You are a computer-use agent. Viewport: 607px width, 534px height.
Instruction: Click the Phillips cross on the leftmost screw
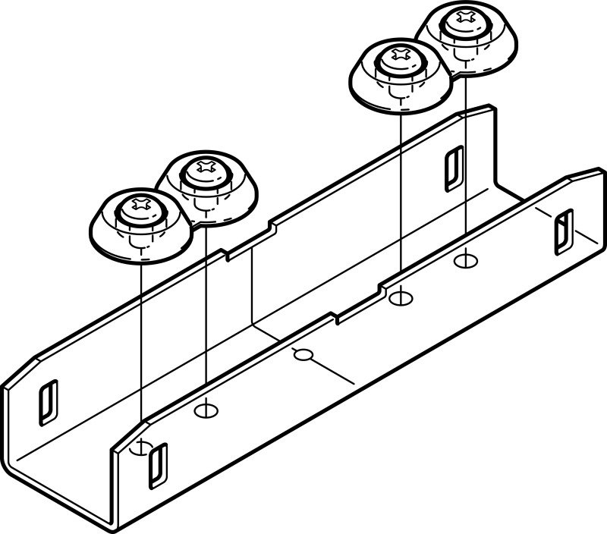[140, 203]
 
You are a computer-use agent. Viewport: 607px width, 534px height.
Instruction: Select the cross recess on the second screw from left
[206, 165]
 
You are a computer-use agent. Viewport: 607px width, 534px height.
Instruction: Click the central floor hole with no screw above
[303, 354]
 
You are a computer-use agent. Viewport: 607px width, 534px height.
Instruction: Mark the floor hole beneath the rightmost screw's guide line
[465, 262]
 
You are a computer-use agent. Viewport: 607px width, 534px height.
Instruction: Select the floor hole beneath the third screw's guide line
[399, 298]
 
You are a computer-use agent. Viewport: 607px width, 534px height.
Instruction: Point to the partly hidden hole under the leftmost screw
[140, 448]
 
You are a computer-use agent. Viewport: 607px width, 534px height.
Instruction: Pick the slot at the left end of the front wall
[158, 466]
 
